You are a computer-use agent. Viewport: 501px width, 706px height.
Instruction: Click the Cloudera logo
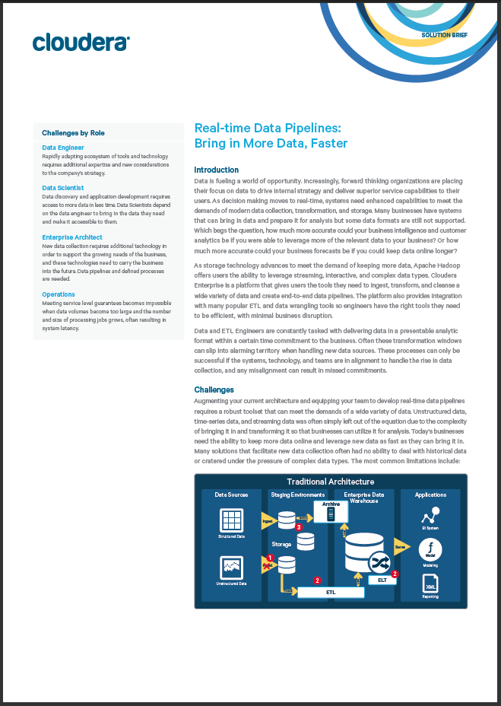(x=81, y=43)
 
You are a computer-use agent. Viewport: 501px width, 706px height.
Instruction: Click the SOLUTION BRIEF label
(x=445, y=36)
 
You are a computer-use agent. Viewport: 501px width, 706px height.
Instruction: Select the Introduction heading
(x=217, y=170)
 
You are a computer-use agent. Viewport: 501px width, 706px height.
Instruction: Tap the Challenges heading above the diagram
(x=214, y=390)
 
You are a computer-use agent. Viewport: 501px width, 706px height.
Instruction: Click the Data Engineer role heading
(x=63, y=148)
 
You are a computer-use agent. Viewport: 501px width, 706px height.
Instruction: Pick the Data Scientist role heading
(x=63, y=188)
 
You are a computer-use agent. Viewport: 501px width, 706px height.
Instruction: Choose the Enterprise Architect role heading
(x=73, y=237)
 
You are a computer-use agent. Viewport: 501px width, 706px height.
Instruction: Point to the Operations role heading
(x=59, y=294)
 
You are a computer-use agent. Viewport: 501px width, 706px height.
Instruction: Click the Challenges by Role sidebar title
(x=73, y=133)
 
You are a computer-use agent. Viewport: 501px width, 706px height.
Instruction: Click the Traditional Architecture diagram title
(x=330, y=482)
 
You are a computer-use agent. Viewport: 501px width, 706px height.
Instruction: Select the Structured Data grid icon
(x=231, y=520)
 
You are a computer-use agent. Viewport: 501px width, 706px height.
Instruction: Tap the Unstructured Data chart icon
(x=231, y=568)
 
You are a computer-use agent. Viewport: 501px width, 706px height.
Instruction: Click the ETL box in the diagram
(x=331, y=591)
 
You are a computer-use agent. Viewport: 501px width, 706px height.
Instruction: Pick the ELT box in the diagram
(x=382, y=580)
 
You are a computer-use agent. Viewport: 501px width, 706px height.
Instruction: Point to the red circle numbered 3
(x=299, y=526)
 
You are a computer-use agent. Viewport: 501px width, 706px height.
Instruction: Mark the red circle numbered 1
(x=270, y=558)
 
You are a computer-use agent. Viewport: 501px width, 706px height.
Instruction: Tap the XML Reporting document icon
(x=430, y=584)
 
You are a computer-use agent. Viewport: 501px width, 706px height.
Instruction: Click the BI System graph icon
(x=430, y=515)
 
